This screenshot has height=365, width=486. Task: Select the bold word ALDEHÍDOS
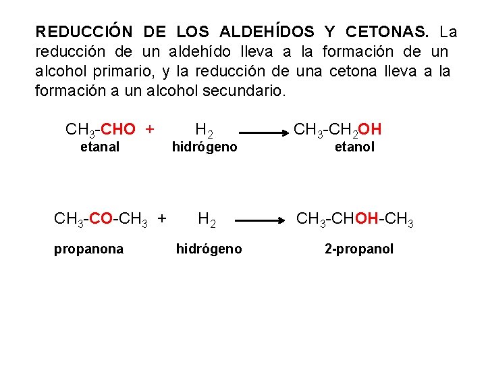(267, 32)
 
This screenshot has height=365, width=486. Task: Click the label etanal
(100, 147)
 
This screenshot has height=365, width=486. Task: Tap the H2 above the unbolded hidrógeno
(205, 128)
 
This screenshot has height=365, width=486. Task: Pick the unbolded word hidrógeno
(205, 147)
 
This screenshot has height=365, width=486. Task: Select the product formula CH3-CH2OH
(337, 128)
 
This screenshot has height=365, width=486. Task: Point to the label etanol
(355, 147)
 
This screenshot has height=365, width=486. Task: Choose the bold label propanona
(89, 249)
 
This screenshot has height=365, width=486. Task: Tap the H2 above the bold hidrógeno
(207, 218)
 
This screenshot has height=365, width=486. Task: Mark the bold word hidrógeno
(209, 249)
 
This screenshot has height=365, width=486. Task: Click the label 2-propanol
(359, 249)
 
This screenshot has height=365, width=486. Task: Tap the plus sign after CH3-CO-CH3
(161, 218)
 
